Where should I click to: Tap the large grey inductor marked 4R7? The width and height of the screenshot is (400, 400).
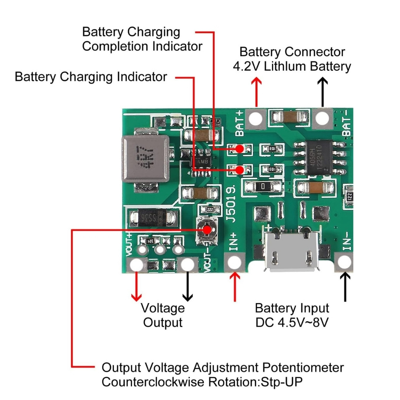pos(146,159)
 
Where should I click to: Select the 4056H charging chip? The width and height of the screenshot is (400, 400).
pos(319,157)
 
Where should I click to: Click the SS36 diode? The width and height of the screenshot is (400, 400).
pos(153,218)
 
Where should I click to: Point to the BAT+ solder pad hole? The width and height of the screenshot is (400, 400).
pos(255,118)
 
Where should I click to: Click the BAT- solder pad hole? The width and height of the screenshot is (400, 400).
pos(322,118)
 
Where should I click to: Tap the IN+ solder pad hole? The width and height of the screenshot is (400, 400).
pos(234,262)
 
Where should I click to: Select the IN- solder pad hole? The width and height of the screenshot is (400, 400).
pos(344,262)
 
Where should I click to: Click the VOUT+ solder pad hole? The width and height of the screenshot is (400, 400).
pos(136,264)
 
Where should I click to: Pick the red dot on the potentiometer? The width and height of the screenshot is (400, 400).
pos(207,230)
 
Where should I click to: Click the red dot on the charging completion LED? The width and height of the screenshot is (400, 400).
pos(239,149)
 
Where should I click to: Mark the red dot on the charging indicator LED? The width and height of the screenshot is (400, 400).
pos(239,170)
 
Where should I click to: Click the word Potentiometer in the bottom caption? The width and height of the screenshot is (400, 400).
pos(303,368)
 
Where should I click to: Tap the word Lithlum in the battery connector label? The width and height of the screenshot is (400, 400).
pos(284,66)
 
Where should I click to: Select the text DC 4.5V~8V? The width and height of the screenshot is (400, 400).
pos(292,322)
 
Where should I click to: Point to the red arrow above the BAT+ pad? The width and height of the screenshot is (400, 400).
pos(256,92)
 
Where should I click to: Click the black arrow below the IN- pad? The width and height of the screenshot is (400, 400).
pos(345,287)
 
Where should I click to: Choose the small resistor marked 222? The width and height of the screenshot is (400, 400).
pos(210,210)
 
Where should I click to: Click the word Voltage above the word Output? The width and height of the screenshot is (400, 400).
pos(163,308)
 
